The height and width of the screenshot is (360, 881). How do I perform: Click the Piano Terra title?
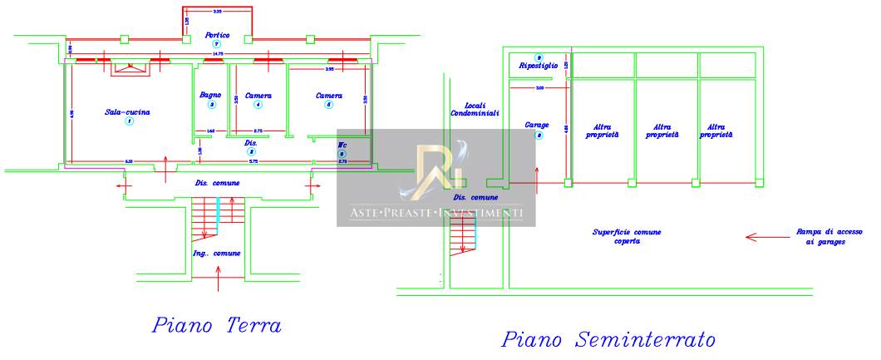pyautogui.click(x=216, y=325)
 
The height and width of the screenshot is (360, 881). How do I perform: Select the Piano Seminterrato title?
pyautogui.click(x=609, y=340)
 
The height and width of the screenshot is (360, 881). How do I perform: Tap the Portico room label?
pyautogui.click(x=218, y=35)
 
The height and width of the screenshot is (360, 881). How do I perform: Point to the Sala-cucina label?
pyautogui.click(x=128, y=112)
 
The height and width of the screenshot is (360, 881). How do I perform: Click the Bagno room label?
pyautogui.click(x=210, y=96)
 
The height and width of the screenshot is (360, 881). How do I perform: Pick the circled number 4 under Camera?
pyautogui.click(x=258, y=106)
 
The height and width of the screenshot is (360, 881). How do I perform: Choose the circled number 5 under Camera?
pyautogui.click(x=329, y=106)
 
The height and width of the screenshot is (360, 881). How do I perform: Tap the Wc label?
pyautogui.click(x=341, y=145)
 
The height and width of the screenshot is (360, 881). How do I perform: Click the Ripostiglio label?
pyautogui.click(x=539, y=66)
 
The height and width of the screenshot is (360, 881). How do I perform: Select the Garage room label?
pyautogui.click(x=537, y=126)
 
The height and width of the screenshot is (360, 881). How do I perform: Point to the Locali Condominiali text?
pyautogui.click(x=475, y=109)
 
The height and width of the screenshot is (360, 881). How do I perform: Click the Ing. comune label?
pyautogui.click(x=217, y=253)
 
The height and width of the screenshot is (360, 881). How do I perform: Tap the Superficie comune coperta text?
pyautogui.click(x=627, y=237)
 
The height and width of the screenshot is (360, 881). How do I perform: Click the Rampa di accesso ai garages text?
pyautogui.click(x=820, y=237)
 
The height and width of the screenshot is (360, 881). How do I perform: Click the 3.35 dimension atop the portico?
pyautogui.click(x=218, y=12)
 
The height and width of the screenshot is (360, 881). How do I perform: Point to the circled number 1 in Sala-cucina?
pyautogui.click(x=129, y=122)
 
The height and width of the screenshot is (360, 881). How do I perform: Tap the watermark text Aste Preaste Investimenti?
pyautogui.click(x=436, y=214)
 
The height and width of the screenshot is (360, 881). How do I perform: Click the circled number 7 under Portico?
pyautogui.click(x=218, y=44)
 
